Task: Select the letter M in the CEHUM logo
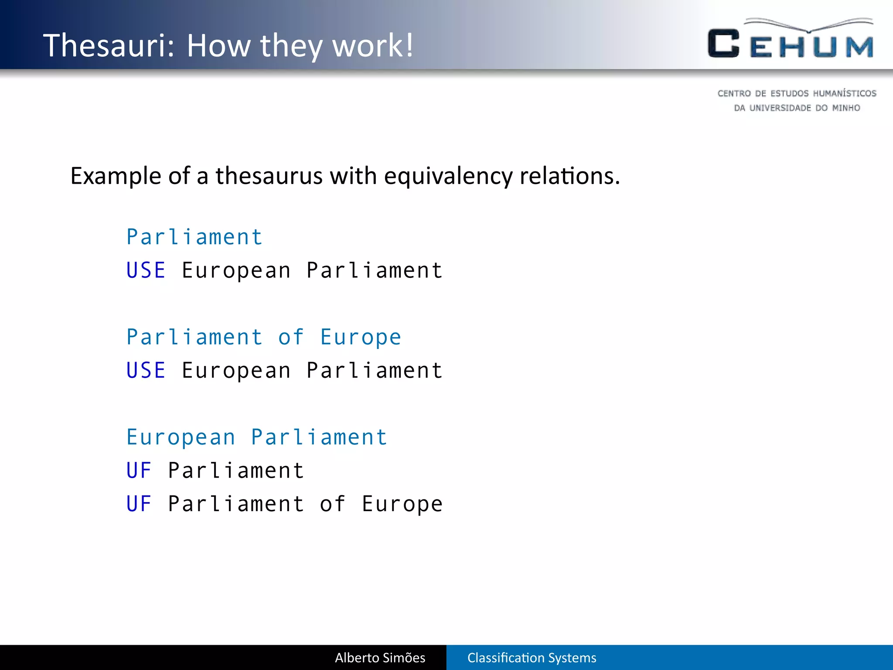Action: click(859, 47)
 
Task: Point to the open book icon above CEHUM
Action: click(809, 25)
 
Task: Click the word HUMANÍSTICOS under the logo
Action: click(845, 93)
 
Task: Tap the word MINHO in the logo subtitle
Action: click(846, 108)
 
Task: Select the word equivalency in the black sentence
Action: click(448, 176)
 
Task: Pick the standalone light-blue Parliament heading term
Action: click(194, 237)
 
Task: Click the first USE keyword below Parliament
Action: click(146, 270)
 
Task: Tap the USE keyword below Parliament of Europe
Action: click(146, 371)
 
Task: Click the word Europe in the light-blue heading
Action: click(361, 337)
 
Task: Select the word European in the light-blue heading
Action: click(181, 438)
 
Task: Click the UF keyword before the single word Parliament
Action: click(139, 471)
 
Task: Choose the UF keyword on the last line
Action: click(139, 504)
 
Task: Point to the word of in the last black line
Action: click(333, 504)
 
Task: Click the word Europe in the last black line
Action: click(402, 504)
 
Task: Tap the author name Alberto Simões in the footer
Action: click(380, 658)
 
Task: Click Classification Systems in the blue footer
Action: click(532, 658)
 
